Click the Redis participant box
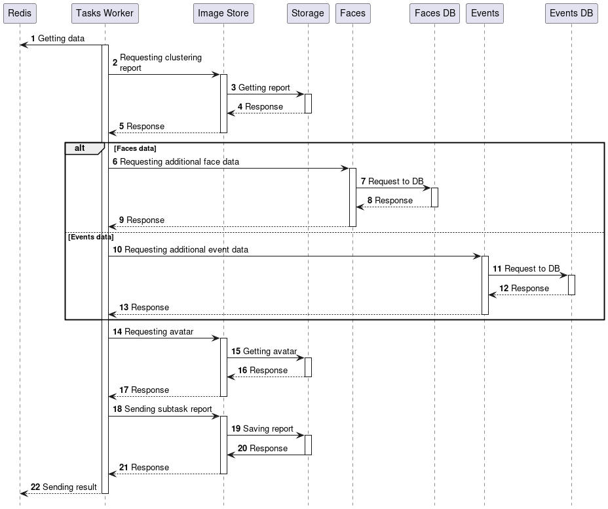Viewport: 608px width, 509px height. (20, 13)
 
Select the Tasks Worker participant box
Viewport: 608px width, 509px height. (105, 13)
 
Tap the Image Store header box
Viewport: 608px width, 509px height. (223, 13)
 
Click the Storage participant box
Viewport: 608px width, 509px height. (308, 13)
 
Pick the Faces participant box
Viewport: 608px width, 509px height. (352, 13)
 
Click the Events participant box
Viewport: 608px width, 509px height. (485, 13)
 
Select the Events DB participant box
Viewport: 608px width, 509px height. (571, 13)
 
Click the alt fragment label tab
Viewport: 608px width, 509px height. (80, 148)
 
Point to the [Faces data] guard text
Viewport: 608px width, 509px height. (135, 148)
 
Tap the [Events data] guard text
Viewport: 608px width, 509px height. (90, 237)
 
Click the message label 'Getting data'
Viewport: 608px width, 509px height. (61, 39)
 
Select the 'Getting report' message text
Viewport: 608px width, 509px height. (264, 87)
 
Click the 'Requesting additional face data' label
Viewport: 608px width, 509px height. (180, 161)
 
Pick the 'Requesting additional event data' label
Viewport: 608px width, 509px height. (186, 250)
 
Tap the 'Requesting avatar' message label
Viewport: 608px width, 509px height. (159, 331)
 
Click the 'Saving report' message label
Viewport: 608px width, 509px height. (268, 428)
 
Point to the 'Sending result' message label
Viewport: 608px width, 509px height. (69, 487)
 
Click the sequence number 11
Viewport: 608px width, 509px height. (497, 269)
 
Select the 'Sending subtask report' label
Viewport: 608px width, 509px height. (168, 409)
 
